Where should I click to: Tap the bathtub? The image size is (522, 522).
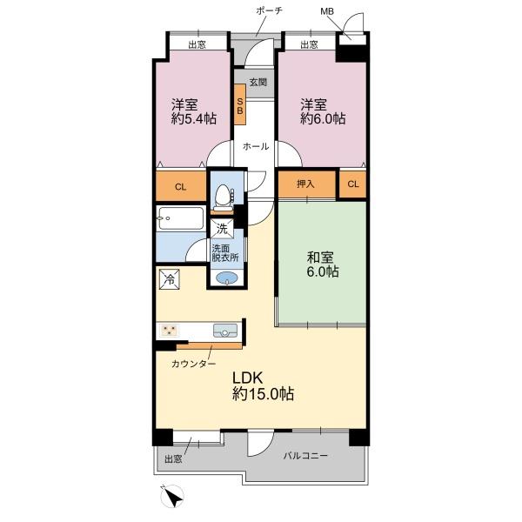181,218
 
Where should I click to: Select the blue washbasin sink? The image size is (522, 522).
227,278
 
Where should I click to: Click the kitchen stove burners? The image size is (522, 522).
170,331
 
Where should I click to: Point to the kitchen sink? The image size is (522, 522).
225,331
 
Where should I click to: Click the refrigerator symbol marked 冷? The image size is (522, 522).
170,279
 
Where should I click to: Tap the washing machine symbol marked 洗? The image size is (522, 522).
222,228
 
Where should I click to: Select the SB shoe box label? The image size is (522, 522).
240,106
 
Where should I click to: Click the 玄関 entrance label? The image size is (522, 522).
258,82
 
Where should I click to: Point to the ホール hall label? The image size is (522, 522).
256,146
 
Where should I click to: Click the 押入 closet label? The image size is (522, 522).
305,184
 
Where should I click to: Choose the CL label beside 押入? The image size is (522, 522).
353,184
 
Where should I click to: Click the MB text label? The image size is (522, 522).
327,11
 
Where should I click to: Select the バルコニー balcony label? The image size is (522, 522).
305,455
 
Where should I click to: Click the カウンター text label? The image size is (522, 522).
193,364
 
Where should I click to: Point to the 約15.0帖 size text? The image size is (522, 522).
263,394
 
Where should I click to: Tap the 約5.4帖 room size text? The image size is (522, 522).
194,119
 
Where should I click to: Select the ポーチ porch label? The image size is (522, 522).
270,10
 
